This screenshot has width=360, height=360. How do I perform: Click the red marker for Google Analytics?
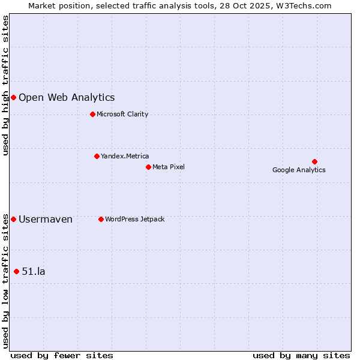[314, 161]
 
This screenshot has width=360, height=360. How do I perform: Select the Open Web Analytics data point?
[13, 97]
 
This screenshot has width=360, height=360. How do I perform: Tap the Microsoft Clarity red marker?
[92, 114]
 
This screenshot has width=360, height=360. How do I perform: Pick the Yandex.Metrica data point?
[97, 156]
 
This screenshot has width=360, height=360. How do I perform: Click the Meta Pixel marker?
[148, 167]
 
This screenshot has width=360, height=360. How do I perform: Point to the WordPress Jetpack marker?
[101, 219]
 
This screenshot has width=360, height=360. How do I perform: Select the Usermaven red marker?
[13, 219]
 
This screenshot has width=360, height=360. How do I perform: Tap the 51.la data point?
[16, 271]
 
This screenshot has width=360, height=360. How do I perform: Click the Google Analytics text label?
[299, 170]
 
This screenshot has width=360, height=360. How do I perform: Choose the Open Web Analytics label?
[67, 98]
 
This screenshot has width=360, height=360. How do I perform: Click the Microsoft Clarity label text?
[122, 114]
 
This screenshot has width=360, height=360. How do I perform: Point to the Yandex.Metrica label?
[125, 156]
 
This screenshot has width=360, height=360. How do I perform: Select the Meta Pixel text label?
[169, 167]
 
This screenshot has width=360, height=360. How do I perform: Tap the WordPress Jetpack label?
[134, 219]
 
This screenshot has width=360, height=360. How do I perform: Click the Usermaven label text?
[46, 219]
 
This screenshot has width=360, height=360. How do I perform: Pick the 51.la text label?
[34, 271]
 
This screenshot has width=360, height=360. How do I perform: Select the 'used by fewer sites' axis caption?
[62, 355]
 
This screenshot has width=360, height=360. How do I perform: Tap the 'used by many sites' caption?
[301, 355]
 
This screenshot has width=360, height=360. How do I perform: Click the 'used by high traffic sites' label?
[6, 85]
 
